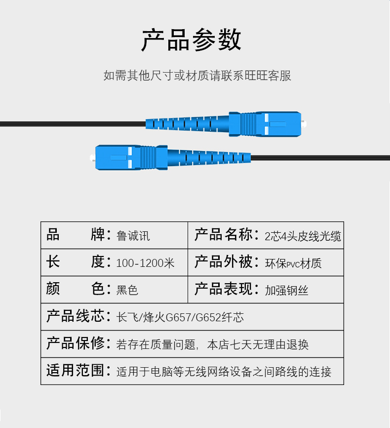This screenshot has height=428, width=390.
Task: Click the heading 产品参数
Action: pos(192,41)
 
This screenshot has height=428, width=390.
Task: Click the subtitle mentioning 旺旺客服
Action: pos(197,76)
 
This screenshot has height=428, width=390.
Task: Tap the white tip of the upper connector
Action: pos(303,124)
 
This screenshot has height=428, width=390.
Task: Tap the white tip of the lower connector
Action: pos(92,159)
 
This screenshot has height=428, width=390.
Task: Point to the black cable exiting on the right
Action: pos(321,158)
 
